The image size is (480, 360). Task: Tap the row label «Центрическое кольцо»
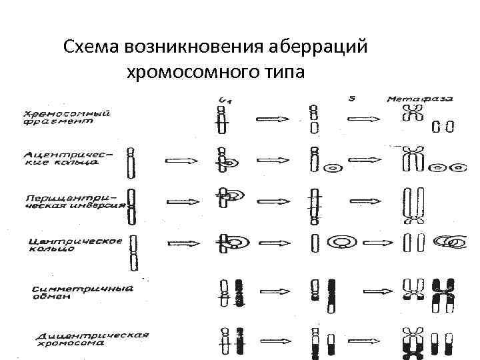pyautogui.click(x=75, y=243)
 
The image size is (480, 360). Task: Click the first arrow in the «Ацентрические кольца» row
pyautogui.click(x=181, y=160)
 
